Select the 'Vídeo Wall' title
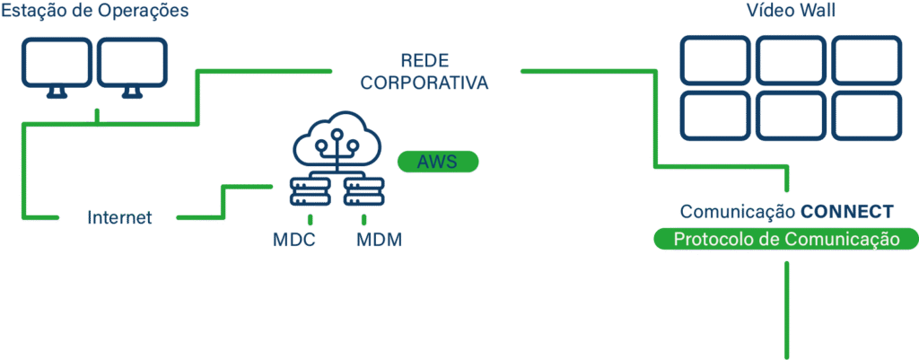pyautogui.click(x=790, y=12)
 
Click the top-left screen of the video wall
pyautogui.click(x=714, y=58)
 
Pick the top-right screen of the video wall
pyautogui.click(x=865, y=58)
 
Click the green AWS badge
pyautogui.click(x=438, y=162)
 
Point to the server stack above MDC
pyautogui.click(x=310, y=191)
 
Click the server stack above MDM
pyautogui.click(x=363, y=191)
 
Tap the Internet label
pyautogui.click(x=120, y=217)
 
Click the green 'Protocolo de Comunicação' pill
pyautogui.click(x=786, y=240)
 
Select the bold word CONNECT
pyautogui.click(x=846, y=212)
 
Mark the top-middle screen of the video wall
pyautogui.click(x=790, y=58)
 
